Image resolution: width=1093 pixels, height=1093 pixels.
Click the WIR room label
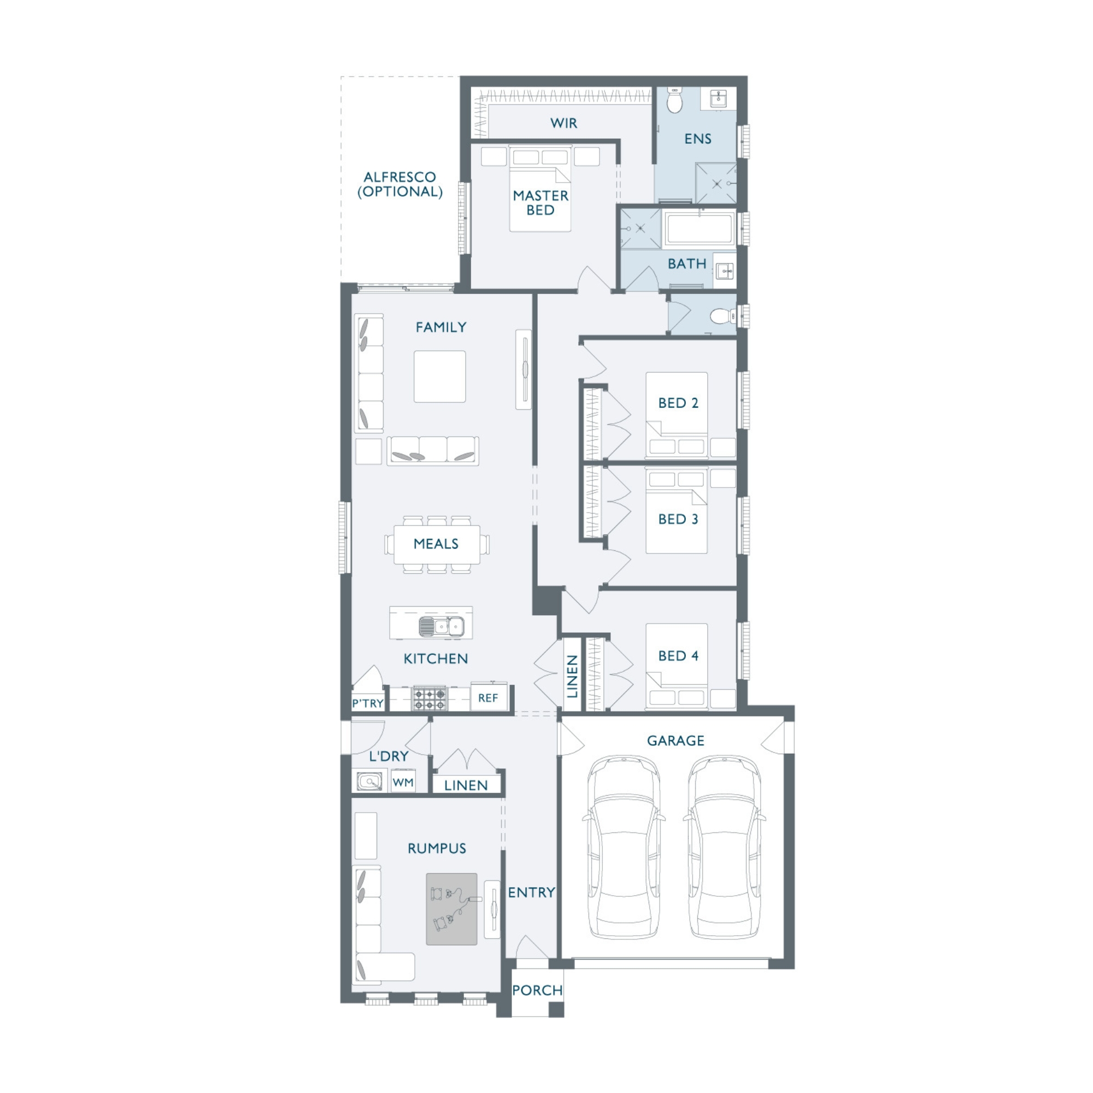[563, 123]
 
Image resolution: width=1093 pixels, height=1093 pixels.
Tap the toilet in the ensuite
[675, 100]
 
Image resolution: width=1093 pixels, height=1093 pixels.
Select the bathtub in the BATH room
[700, 228]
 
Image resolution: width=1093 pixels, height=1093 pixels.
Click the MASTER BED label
[540, 203]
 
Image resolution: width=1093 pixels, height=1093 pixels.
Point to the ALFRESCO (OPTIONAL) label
[400, 184]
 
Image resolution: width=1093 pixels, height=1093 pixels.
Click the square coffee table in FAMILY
[439, 376]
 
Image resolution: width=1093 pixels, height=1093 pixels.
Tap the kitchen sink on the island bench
[441, 626]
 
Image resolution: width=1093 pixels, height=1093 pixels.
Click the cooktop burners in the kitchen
[429, 698]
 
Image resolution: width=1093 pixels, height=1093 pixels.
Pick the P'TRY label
[368, 703]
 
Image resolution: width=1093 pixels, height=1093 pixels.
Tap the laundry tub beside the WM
[370, 781]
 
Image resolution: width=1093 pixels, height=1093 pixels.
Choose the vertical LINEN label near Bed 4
[572, 676]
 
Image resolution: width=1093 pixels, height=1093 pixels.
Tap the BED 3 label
[678, 519]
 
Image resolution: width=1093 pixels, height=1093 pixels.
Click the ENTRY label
[531, 892]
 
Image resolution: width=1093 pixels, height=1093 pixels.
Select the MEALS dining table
[436, 544]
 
